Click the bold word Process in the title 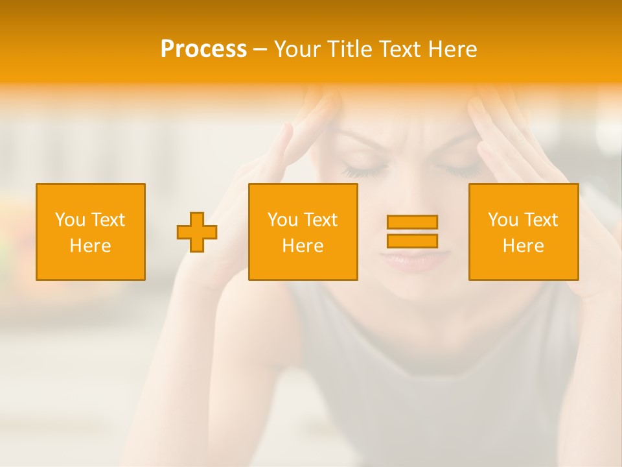(x=203, y=49)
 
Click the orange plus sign (x=197, y=232)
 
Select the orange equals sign (x=412, y=232)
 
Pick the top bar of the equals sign (x=412, y=222)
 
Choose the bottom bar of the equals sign (x=412, y=241)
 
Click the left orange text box (x=91, y=232)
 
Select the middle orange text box (x=303, y=232)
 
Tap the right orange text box (x=524, y=232)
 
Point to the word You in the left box (x=69, y=220)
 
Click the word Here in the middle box (x=303, y=246)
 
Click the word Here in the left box (x=91, y=246)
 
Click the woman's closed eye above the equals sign (x=457, y=171)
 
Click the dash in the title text (x=260, y=50)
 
